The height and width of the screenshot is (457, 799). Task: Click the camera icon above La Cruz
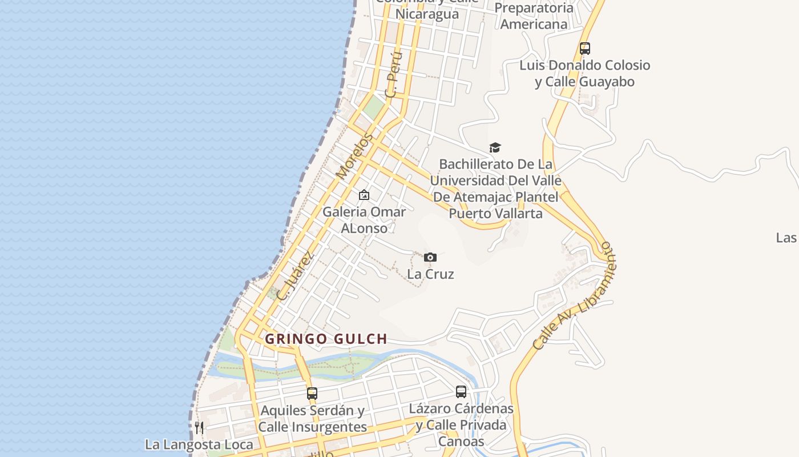point(430,258)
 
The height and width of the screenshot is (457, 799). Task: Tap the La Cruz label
point(430,274)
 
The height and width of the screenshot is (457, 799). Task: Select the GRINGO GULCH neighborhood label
point(326,339)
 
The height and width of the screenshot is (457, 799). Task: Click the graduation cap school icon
point(495,148)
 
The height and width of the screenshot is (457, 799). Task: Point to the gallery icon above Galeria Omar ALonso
point(364,195)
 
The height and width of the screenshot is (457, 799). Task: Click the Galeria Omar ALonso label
point(364,219)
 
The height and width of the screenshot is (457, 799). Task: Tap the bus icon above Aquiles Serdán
point(312,394)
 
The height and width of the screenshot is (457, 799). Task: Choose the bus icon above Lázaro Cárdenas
point(461,392)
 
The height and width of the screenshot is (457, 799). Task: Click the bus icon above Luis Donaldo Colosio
point(585,49)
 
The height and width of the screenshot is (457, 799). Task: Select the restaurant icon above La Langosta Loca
point(199,428)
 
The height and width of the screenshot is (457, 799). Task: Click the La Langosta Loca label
point(199,444)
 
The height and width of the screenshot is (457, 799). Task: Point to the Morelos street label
point(354,156)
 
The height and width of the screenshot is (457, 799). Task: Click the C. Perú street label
point(394,75)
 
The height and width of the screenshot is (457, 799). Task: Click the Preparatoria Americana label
point(534,16)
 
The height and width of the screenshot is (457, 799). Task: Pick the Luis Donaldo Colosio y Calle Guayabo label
point(584,73)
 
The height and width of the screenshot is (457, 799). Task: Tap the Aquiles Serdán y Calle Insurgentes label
point(312,419)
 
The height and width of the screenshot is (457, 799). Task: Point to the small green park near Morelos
point(374,107)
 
